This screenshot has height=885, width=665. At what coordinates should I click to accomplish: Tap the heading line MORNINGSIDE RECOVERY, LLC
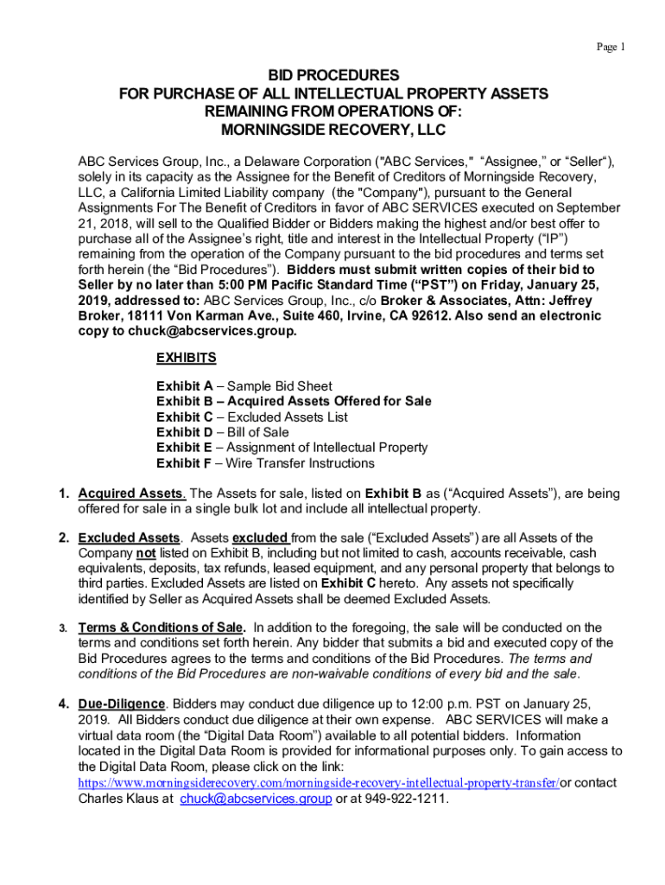332,130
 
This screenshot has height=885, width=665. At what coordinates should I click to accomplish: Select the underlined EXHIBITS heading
186,357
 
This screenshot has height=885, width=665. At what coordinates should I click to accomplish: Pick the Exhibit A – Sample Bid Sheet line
244,386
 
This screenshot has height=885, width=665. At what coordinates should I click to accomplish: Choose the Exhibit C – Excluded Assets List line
252,417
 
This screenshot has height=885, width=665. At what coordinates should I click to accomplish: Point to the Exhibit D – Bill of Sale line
223,432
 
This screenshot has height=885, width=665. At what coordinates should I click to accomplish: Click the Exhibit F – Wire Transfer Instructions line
265,463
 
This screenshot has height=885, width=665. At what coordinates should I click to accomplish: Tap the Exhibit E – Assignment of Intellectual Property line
292,448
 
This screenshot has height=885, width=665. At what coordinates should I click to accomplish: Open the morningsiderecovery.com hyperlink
318,783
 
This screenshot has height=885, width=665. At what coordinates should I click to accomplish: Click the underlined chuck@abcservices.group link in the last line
256,799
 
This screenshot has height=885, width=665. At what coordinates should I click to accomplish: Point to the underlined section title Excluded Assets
130,538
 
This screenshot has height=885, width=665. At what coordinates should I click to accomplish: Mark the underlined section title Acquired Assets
131,493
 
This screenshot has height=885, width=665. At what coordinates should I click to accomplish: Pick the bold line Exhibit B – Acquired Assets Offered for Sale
294,401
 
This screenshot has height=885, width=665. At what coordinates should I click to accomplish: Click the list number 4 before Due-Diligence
63,704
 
